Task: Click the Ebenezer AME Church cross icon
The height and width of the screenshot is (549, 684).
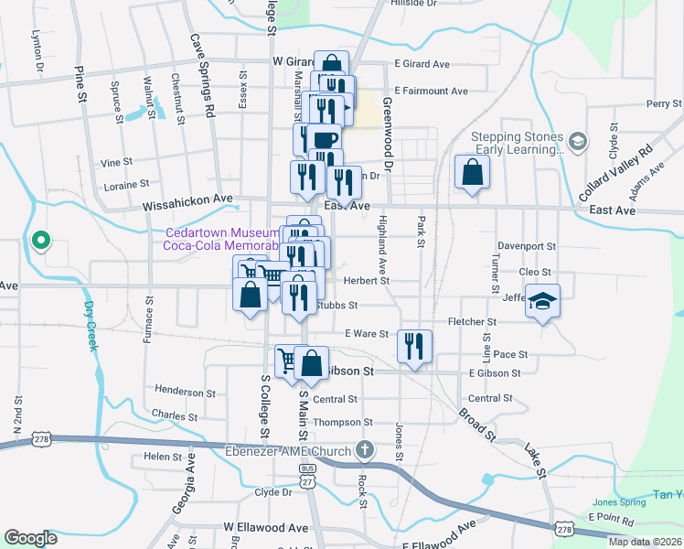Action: pyautogui.click(x=365, y=450)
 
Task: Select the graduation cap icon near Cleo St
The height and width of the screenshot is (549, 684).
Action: pyautogui.click(x=542, y=301)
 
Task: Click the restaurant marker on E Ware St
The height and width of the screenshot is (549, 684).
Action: pyautogui.click(x=415, y=345)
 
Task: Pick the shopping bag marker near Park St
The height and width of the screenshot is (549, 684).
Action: pyautogui.click(x=472, y=172)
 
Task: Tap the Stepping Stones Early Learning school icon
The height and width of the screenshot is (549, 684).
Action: pyautogui.click(x=576, y=142)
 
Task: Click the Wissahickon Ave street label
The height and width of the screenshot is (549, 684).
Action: pyautogui.click(x=188, y=208)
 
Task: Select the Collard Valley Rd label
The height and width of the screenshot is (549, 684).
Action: pyautogui.click(x=617, y=173)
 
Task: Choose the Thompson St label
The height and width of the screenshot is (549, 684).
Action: pyautogui.click(x=344, y=422)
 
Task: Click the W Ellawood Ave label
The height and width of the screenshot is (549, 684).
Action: pyautogui.click(x=266, y=528)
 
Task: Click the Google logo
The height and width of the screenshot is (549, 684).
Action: pyautogui.click(x=31, y=538)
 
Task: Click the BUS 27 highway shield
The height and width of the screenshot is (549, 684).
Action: pyautogui.click(x=306, y=474)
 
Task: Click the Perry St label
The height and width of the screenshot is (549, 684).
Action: pyautogui.click(x=658, y=104)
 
